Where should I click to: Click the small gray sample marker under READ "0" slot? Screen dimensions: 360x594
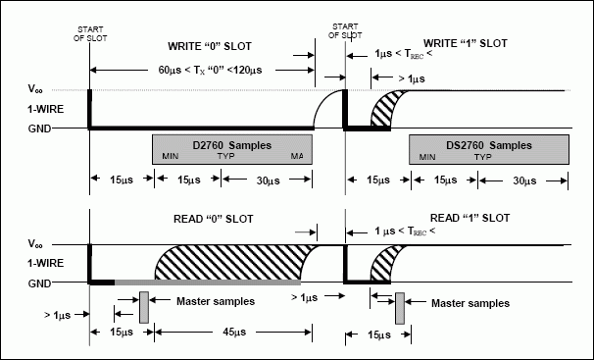tap(143, 305)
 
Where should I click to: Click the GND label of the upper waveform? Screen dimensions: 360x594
tap(40, 129)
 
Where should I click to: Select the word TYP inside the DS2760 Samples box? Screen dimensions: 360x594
tap(483, 157)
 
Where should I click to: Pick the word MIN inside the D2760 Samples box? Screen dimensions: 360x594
tap(171, 157)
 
